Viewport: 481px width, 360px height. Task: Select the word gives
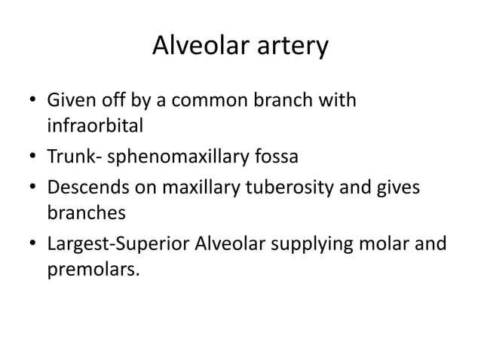click(402, 190)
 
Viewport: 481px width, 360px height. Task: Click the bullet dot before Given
click(31, 101)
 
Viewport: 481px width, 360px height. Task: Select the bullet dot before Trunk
click(31, 157)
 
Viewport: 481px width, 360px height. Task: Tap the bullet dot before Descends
click(31, 191)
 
